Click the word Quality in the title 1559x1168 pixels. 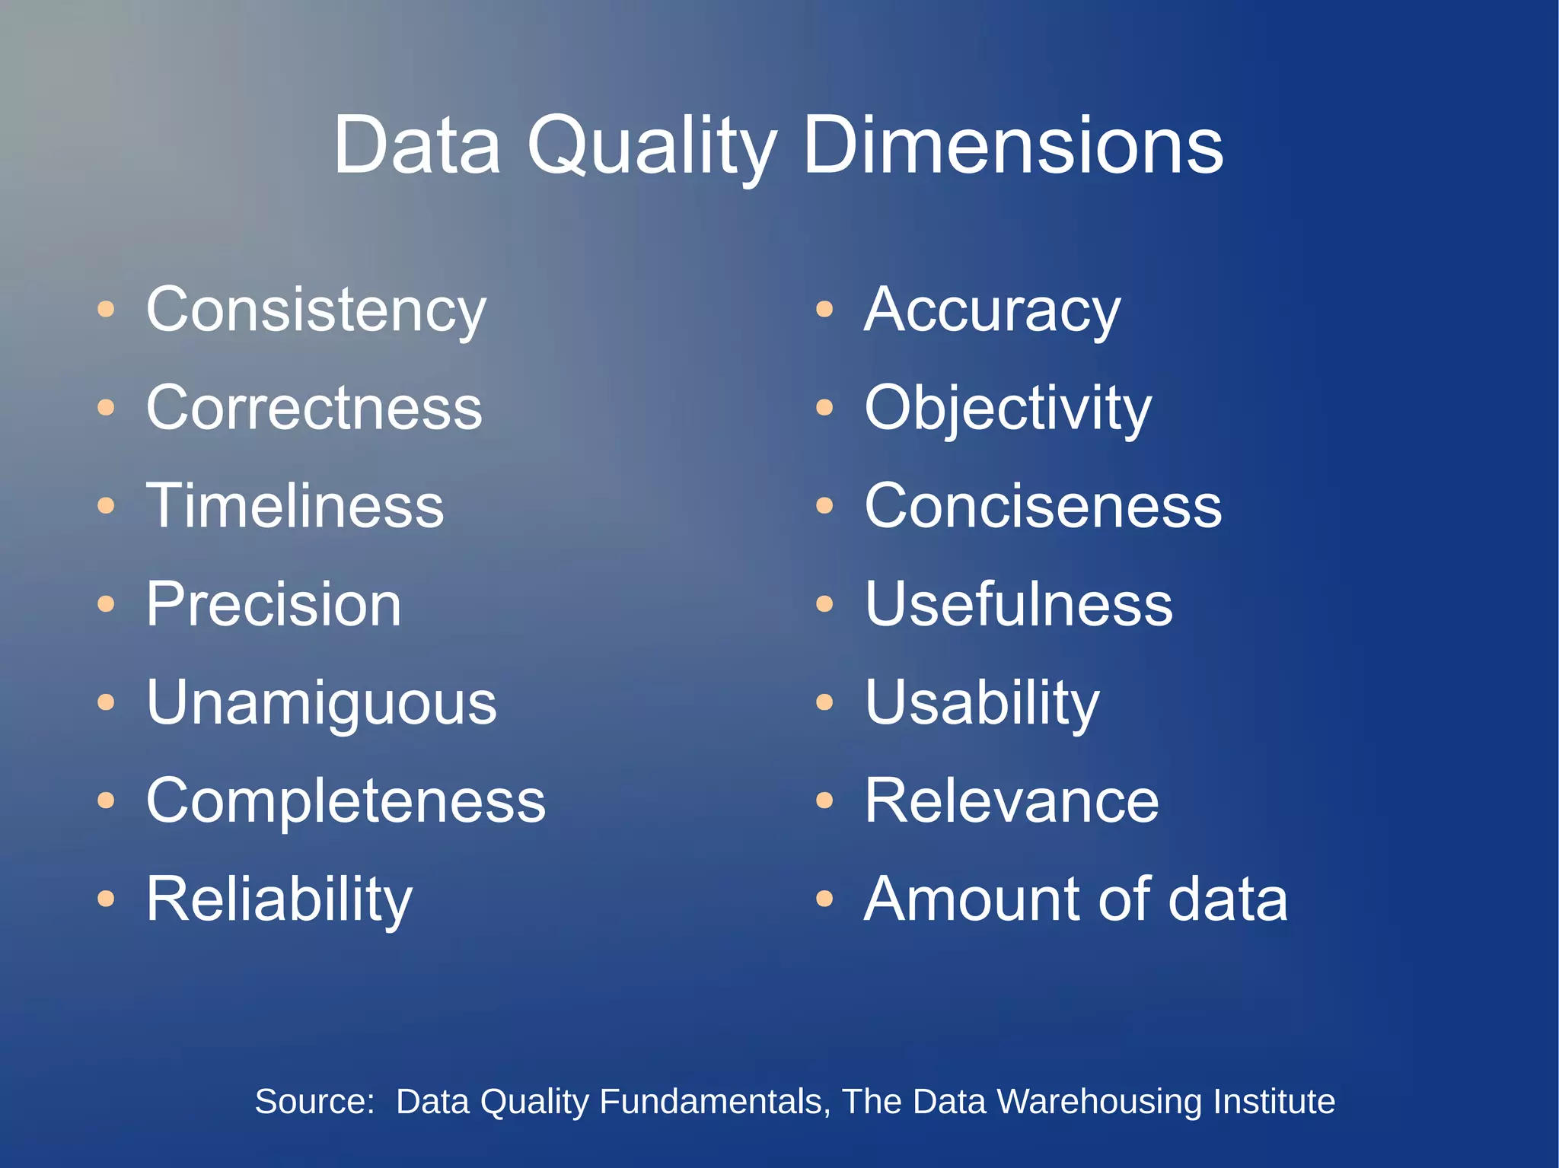tap(652, 146)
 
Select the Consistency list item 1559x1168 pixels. tap(316, 310)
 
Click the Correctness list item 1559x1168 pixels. tap(314, 408)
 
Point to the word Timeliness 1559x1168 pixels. tap(295, 506)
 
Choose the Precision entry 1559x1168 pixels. tap(273, 604)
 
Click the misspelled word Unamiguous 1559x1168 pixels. tap(321, 703)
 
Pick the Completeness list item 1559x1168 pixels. tap(346, 800)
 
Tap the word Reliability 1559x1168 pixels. tap(279, 899)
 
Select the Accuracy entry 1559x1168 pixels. tap(992, 310)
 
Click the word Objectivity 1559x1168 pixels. tap(1008, 409)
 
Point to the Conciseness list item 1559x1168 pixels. tap(1043, 506)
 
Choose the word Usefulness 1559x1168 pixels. tap(1019, 604)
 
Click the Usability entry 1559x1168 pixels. tap(982, 703)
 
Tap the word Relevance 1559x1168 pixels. tap(1012, 800)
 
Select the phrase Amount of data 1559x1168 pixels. tap(1076, 899)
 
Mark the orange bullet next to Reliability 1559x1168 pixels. tap(106, 899)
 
